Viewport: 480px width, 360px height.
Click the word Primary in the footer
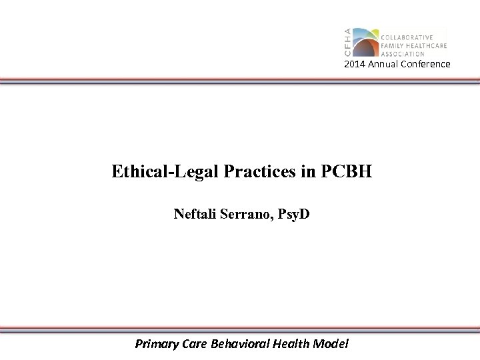pyautogui.click(x=156, y=344)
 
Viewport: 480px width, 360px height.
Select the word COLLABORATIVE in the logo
pyautogui.click(x=407, y=37)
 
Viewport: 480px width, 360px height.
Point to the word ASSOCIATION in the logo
pyautogui.click(x=403, y=53)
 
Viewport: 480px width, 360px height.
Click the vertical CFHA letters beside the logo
pyautogui.click(x=347, y=43)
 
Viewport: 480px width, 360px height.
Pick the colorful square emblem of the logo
pyautogui.click(x=365, y=43)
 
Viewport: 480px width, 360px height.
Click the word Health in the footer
pyautogui.click(x=289, y=344)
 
